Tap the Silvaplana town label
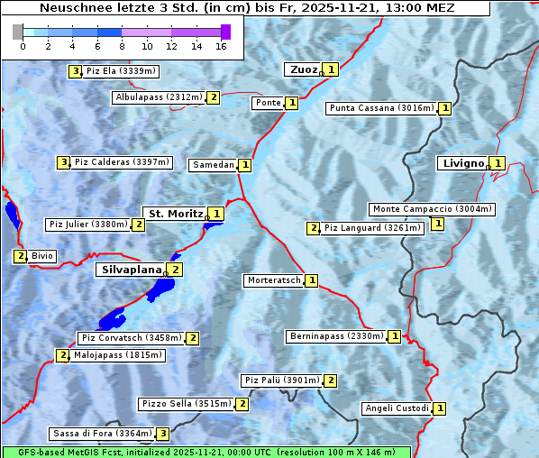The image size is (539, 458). point(131,270)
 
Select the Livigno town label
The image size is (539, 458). point(463,163)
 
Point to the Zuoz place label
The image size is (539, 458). point(302,69)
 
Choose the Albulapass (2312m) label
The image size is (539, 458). point(159,97)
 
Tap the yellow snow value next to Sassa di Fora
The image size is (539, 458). point(162,434)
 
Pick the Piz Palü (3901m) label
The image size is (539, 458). point(281,380)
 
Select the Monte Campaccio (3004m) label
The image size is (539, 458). point(433,209)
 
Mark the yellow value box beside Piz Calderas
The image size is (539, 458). point(63,162)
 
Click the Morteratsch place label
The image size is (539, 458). point(274,280)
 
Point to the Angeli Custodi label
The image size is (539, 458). point(397,408)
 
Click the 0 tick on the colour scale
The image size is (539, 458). point(23,46)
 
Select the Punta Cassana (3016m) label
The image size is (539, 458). point(381,108)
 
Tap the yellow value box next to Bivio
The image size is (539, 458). point(20,256)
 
